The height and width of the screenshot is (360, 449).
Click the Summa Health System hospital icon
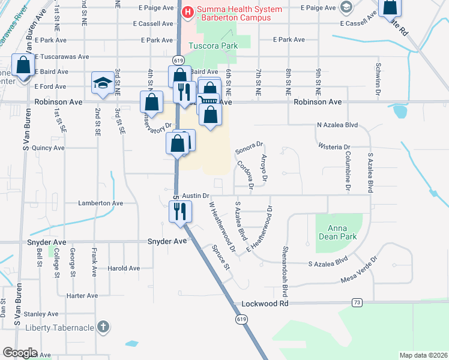tap(187, 11)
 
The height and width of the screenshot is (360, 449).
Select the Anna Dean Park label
tap(342, 232)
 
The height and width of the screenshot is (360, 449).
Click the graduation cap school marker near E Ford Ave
tap(103, 83)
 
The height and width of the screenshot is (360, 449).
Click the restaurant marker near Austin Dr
tap(179, 211)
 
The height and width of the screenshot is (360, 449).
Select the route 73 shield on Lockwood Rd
tap(358, 302)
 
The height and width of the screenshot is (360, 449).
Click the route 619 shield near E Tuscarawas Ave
tap(178, 60)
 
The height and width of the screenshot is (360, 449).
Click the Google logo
tap(20, 353)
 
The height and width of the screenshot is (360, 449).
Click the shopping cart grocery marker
tap(208, 101)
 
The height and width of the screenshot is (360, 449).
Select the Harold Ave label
tap(124, 268)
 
